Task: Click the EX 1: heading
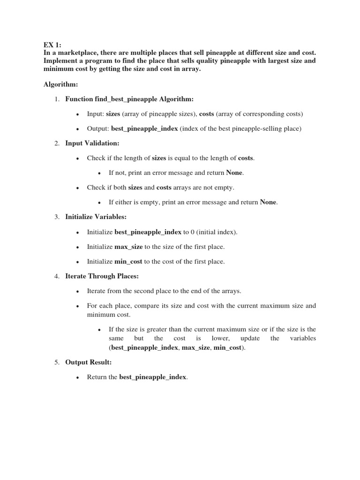(52, 45)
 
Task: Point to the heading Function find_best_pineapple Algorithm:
(129, 99)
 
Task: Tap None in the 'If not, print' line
(234, 172)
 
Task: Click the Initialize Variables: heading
(96, 217)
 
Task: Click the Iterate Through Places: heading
(102, 276)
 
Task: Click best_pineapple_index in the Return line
(153, 377)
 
